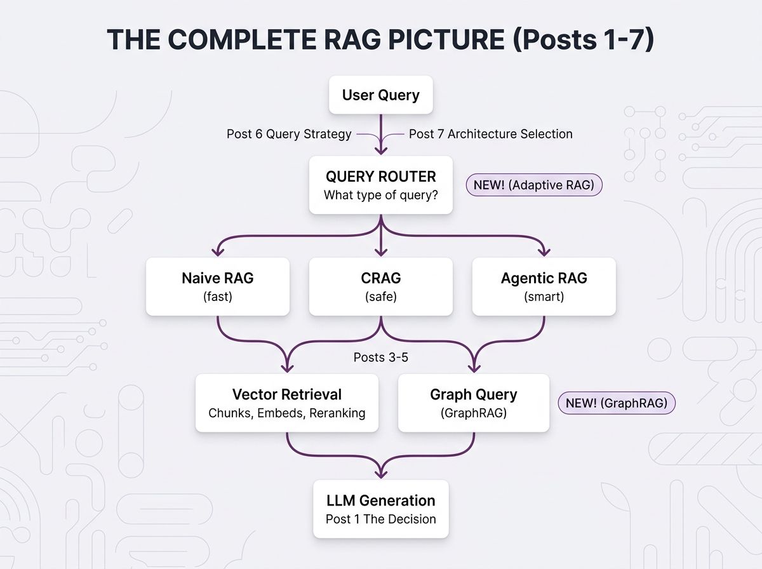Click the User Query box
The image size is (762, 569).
coord(380,96)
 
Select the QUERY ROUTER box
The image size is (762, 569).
coord(380,185)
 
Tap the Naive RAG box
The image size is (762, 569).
coord(217,286)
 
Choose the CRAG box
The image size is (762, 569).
coord(380,286)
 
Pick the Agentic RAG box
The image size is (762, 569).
coord(544,286)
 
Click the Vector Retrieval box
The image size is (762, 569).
coord(286,403)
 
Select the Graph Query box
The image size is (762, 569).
coord(473,403)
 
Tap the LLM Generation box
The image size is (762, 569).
coord(380,509)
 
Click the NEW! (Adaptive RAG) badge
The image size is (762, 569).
coord(533,185)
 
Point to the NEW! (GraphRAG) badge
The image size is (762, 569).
coord(616,403)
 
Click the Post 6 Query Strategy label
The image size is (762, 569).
coord(289,134)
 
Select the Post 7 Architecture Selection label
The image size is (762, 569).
coord(490,134)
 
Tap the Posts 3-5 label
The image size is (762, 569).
coord(380,358)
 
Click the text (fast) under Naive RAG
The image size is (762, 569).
coord(217,297)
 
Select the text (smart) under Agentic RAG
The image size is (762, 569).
coord(544,297)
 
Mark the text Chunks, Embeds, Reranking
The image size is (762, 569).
coord(286,413)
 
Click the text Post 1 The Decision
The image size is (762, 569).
coord(380,519)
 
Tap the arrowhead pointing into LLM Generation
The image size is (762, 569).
coord(380,473)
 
